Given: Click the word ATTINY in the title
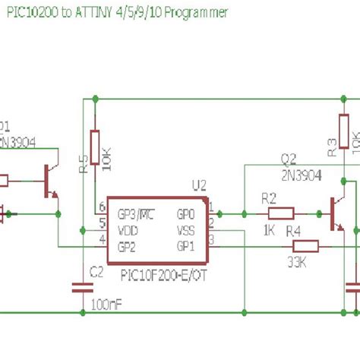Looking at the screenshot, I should point(95,13).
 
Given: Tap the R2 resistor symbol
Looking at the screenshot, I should point(280,213).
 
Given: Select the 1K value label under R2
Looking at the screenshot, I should point(269,229).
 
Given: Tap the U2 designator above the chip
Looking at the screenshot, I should point(199,185).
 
